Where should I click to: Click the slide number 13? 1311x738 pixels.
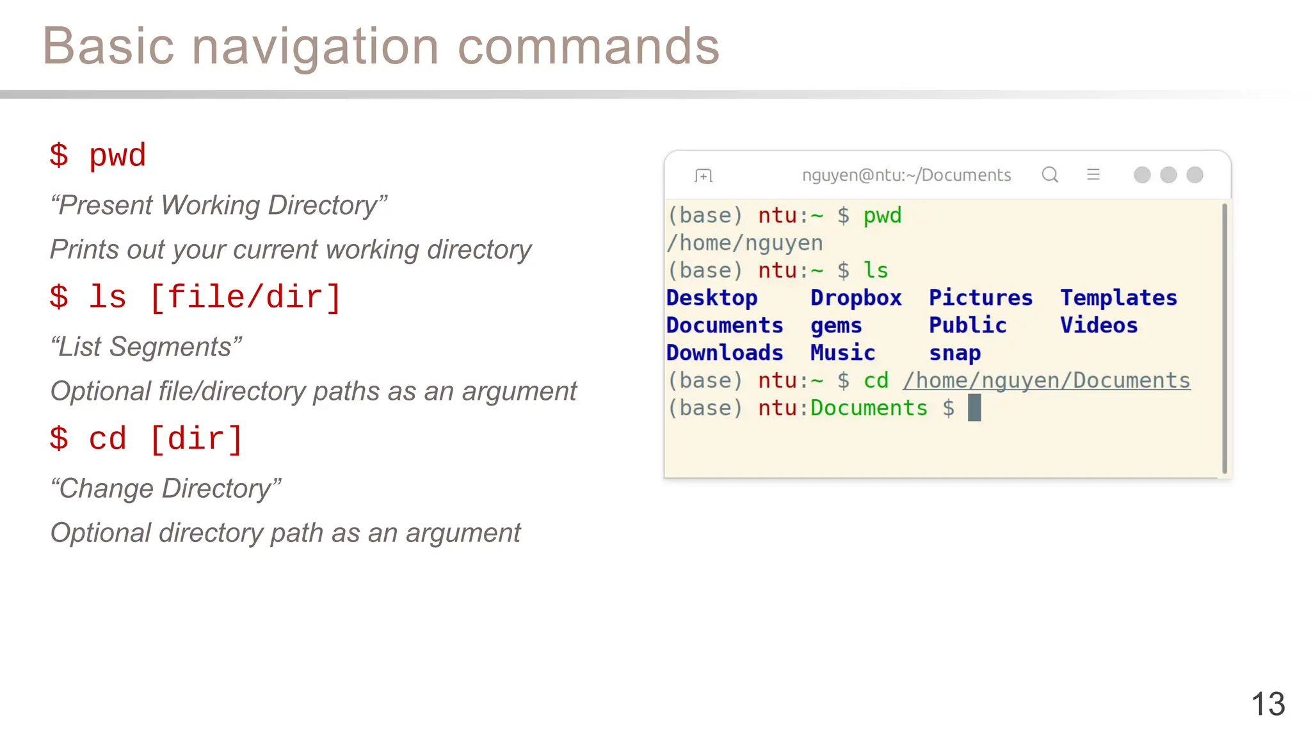click(x=1267, y=704)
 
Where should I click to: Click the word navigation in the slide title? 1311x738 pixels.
click(x=315, y=47)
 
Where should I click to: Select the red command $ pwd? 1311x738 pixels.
click(x=98, y=156)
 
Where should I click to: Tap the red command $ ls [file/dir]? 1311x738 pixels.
click(x=195, y=298)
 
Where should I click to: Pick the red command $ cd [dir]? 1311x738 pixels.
click(x=147, y=439)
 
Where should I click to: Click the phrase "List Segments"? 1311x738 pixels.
click(x=146, y=347)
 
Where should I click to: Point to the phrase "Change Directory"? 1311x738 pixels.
click(x=166, y=488)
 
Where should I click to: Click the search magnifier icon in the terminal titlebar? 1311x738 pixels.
click(x=1050, y=175)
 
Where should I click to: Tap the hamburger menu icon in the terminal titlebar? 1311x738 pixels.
click(x=1093, y=175)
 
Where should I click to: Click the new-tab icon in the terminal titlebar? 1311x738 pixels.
click(x=703, y=176)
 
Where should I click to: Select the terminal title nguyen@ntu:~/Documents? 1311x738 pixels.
click(x=906, y=175)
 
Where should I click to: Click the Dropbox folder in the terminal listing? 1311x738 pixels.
click(x=856, y=298)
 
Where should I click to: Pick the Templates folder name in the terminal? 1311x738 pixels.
click(x=1118, y=298)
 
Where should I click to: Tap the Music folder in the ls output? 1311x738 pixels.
click(x=842, y=353)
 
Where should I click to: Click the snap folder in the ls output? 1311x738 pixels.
click(x=954, y=353)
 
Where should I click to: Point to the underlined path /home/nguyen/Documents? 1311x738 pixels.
click(x=1046, y=381)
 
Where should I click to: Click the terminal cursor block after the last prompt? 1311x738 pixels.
click(x=974, y=408)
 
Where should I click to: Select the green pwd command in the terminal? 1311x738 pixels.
click(x=882, y=216)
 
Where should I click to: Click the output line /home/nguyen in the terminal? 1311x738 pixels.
click(x=744, y=243)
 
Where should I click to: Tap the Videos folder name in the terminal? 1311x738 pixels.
click(x=1098, y=325)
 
